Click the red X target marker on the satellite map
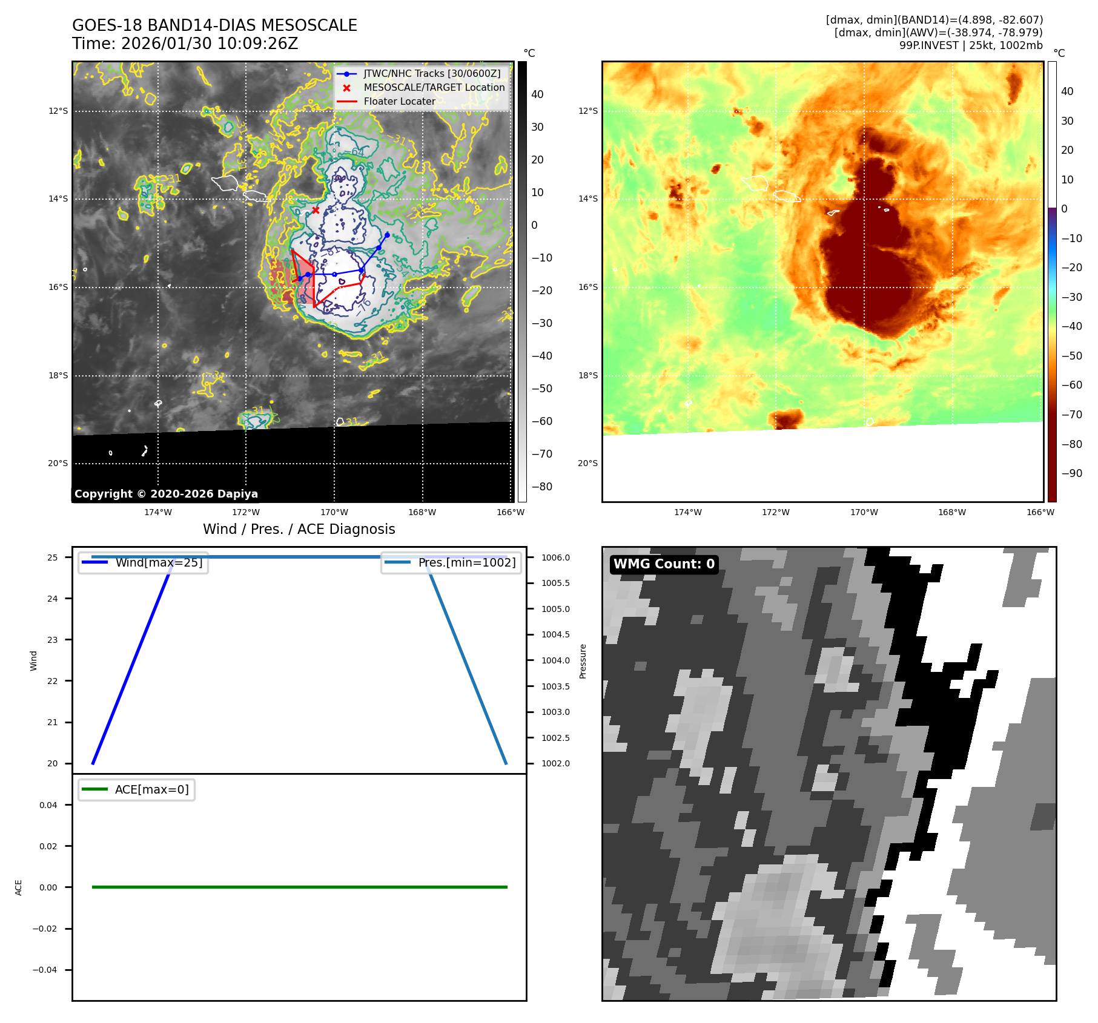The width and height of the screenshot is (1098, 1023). point(316,210)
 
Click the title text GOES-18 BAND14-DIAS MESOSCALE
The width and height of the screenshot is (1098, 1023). point(214,25)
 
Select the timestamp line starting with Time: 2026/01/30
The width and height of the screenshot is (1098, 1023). point(185,44)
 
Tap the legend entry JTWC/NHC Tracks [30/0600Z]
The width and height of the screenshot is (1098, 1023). point(432,73)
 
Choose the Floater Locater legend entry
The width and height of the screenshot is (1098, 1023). point(399,101)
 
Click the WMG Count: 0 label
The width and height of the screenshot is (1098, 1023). point(664,564)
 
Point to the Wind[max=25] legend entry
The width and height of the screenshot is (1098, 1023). point(159,562)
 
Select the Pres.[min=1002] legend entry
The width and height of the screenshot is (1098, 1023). point(466,562)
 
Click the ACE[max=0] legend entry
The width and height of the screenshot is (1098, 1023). point(151,789)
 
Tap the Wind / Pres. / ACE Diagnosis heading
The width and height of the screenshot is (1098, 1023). point(299,529)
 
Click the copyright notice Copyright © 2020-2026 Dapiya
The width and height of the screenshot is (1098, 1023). point(166,494)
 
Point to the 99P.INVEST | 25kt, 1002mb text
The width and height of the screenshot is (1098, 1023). point(971,45)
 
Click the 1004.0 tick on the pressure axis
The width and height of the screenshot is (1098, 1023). point(555,660)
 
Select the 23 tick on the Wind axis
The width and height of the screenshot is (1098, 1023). point(53,640)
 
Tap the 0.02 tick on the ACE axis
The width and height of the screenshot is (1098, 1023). point(48,846)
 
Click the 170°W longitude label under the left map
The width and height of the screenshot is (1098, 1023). point(334,512)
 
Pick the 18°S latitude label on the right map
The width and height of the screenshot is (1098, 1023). point(587,375)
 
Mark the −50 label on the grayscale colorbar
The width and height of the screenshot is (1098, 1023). point(541,389)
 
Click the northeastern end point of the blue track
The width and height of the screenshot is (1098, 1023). point(387,235)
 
